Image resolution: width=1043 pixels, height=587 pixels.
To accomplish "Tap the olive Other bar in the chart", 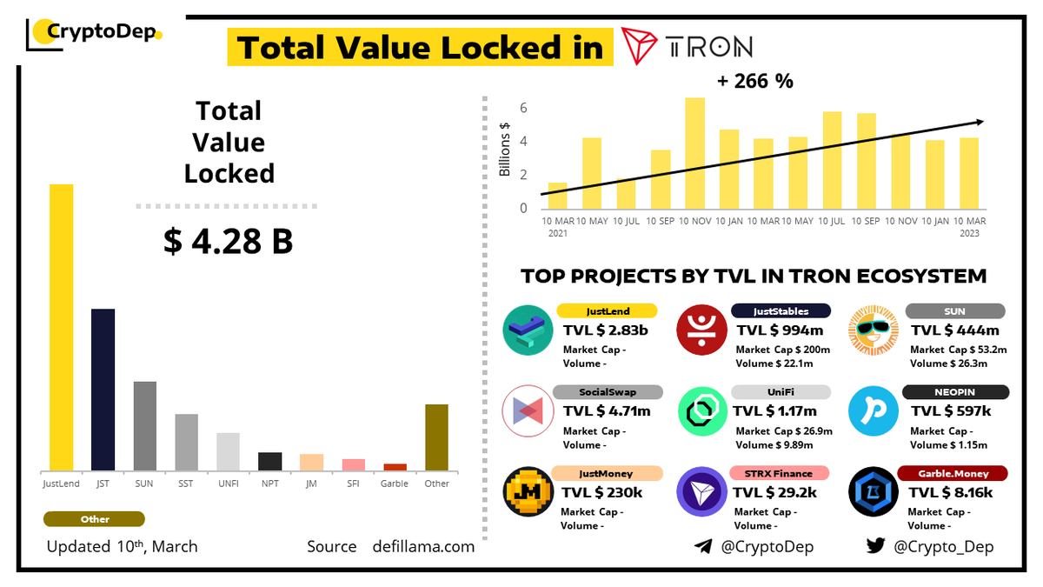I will (436, 437).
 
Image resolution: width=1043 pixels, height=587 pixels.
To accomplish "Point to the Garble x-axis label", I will (395, 484).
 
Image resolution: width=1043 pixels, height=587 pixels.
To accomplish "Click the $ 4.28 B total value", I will (228, 242).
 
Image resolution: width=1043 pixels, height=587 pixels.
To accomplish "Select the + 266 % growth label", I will (754, 82).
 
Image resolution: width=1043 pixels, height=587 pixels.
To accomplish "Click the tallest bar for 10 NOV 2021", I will (694, 152).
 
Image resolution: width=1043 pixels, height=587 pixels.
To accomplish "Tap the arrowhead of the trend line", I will (980, 123).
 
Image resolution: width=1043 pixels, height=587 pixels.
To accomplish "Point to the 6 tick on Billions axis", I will (523, 109).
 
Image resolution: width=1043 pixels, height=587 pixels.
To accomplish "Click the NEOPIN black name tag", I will (955, 392).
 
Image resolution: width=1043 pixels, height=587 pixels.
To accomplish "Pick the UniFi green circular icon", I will (702, 411).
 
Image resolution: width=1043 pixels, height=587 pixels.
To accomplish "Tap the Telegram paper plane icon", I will (703, 546).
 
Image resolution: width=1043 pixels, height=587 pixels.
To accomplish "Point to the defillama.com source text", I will (423, 546).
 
